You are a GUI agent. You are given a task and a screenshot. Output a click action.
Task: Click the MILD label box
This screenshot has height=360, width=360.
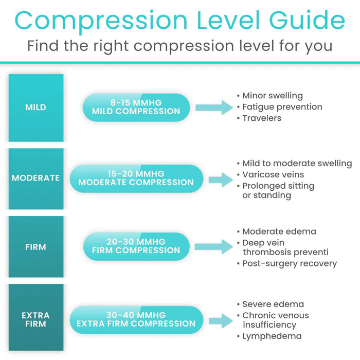pyautogui.click(x=35, y=107)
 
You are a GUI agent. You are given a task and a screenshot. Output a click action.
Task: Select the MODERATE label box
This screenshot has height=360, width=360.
pyautogui.click(x=35, y=178)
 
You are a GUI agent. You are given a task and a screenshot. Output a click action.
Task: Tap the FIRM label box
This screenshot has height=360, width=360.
pyautogui.click(x=35, y=247)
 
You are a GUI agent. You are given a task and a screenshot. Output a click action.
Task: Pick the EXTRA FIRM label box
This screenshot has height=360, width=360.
pyautogui.click(x=35, y=319)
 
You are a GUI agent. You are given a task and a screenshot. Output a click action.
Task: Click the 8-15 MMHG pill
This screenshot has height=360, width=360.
pyautogui.click(x=136, y=107)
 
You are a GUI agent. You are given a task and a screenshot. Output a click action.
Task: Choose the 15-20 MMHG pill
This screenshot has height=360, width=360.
pyautogui.click(x=136, y=178)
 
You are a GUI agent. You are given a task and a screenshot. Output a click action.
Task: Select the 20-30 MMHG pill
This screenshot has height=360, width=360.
pyautogui.click(x=136, y=246)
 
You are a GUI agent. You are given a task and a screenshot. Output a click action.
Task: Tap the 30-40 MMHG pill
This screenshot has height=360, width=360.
pyautogui.click(x=136, y=319)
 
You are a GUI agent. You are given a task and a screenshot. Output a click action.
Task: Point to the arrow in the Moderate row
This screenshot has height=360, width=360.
pyautogui.click(x=221, y=179)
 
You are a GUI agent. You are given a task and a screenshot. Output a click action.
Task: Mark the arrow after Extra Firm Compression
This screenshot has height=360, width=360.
pyautogui.click(x=221, y=320)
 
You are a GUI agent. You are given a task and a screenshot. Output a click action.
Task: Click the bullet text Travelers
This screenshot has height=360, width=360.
pyautogui.click(x=262, y=118)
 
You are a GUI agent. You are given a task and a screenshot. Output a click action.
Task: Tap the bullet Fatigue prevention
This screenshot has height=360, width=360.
pyautogui.click(x=282, y=107)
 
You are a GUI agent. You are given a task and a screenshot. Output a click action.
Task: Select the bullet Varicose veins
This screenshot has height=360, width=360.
pyautogui.click(x=273, y=175)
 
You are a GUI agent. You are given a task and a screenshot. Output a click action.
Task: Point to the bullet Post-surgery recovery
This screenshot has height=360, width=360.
pyautogui.click(x=290, y=264)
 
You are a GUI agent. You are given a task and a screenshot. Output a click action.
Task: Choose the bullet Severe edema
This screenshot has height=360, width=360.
pyautogui.click(x=273, y=304)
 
